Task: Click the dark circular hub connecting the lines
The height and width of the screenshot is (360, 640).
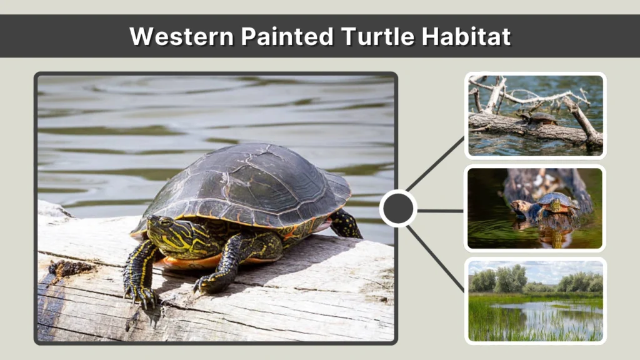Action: [x=398, y=209]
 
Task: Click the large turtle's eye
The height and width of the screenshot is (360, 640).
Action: [x=164, y=221]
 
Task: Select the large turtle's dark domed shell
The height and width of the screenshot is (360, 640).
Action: [x=250, y=181]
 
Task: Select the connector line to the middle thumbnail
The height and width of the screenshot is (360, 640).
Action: [x=441, y=211]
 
